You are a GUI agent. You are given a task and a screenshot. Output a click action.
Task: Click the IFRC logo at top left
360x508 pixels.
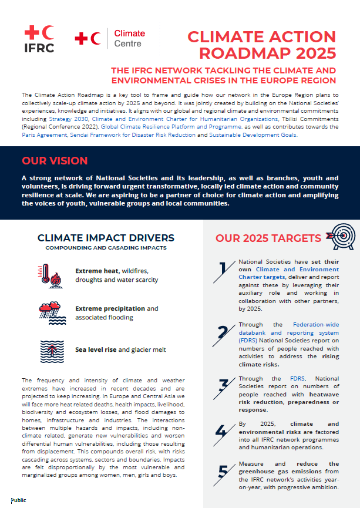coord(39,39)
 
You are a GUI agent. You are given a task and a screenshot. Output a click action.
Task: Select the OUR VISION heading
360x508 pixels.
coord(55,161)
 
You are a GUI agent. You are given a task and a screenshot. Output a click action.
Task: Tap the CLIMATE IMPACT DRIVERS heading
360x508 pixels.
coord(106,238)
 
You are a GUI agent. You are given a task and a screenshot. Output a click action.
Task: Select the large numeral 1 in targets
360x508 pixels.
coord(223,269)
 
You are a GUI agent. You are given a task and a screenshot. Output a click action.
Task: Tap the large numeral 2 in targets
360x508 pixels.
coord(223,332)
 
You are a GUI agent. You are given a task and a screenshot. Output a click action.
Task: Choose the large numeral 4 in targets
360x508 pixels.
coord(221,431)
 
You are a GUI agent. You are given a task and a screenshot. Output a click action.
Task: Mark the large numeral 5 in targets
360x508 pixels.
coord(223,472)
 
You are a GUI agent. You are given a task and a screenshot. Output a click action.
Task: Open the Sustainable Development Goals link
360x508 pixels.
coord(254,134)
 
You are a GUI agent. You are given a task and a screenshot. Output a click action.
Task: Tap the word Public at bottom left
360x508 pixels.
coord(18,500)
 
